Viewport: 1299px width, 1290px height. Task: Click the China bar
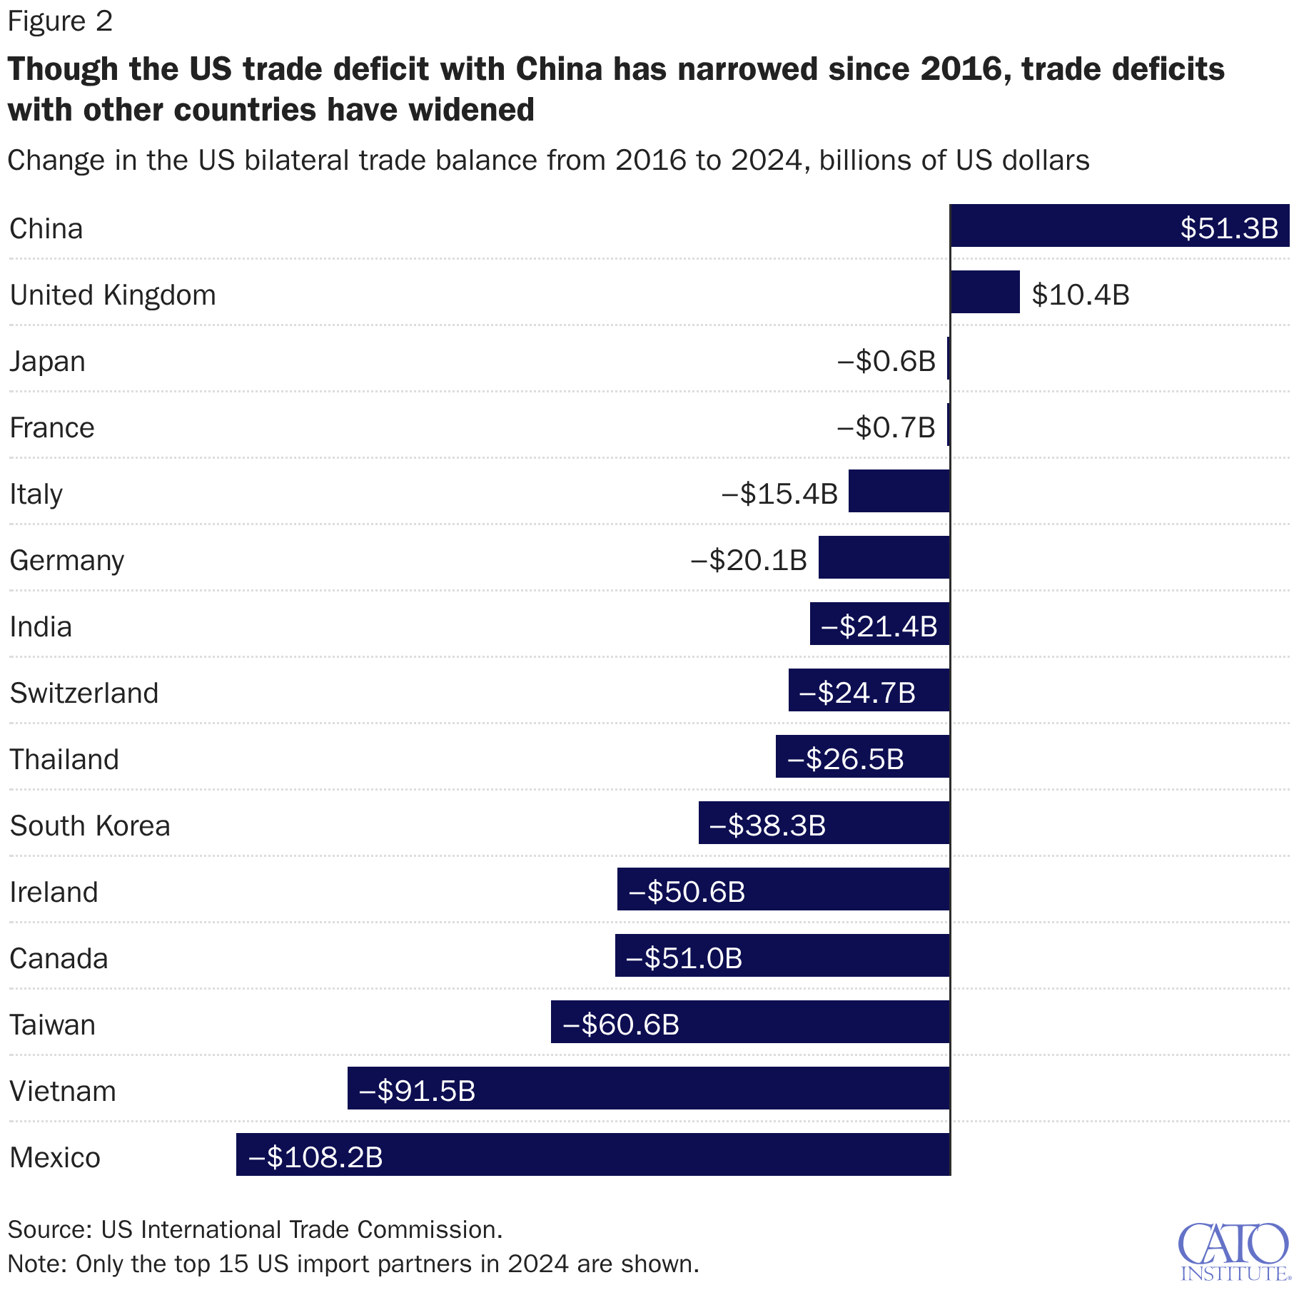1119,225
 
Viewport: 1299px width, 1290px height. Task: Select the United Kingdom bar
985,292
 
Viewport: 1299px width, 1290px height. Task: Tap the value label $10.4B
1080,295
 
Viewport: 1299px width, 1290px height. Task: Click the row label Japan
47,361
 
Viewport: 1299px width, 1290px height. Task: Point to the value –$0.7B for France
885,427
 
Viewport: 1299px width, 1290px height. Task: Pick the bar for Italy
899,491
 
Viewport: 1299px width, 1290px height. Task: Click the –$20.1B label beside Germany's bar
748,560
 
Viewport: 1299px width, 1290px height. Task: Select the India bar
879,624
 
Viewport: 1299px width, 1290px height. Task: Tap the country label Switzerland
84,693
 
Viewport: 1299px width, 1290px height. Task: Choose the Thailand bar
862,756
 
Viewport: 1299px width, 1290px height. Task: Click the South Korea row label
90,826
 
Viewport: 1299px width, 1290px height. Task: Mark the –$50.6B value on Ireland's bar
687,892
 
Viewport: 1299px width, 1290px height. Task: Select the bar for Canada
782,955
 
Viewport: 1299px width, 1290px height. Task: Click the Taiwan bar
750,1022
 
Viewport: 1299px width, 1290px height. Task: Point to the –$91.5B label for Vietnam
417,1091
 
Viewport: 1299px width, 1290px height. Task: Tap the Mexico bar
593,1154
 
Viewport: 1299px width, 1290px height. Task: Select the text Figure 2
60,21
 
